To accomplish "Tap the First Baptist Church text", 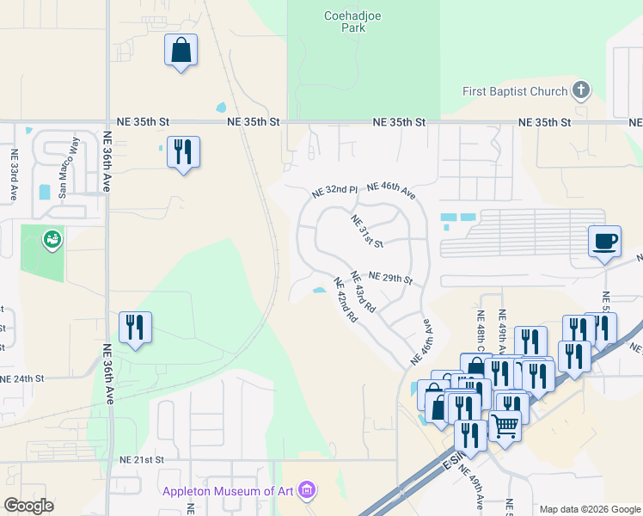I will [515, 91].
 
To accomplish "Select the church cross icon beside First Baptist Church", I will [581, 90].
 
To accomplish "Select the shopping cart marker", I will [505, 424].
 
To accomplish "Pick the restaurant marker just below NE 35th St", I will [183, 152].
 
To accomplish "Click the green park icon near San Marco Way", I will [53, 238].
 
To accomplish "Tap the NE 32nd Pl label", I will [334, 190].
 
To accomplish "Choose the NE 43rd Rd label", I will [364, 292].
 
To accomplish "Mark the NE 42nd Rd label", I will [346, 300].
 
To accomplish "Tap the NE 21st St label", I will [142, 460].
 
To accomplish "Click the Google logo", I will [28, 505].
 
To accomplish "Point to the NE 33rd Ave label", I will [15, 175].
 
